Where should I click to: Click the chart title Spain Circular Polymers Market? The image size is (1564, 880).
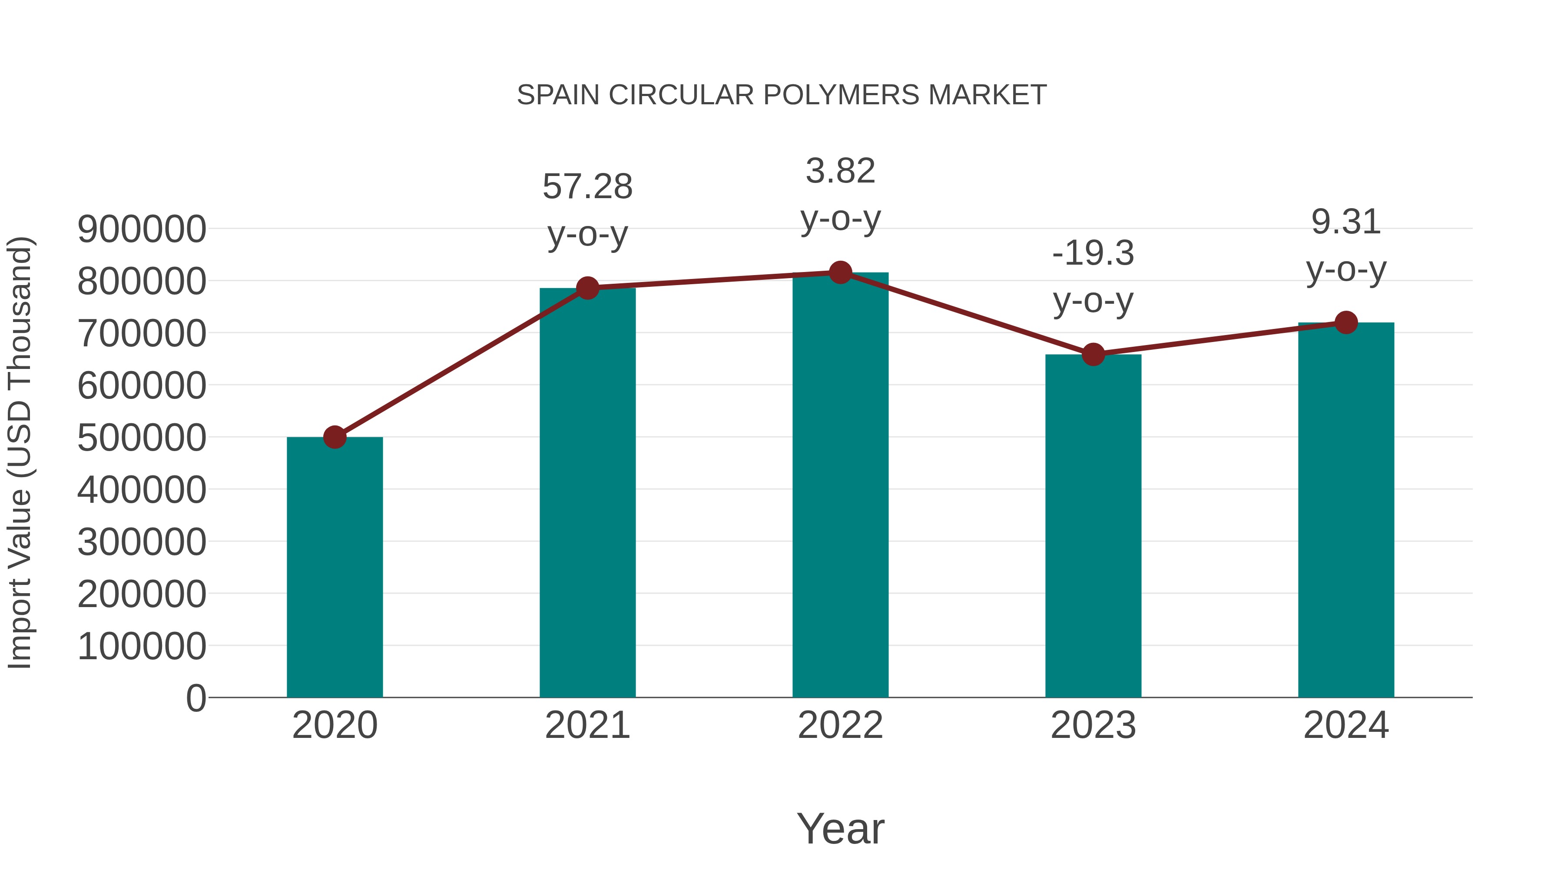tap(782, 95)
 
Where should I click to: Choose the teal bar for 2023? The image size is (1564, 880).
tap(1093, 525)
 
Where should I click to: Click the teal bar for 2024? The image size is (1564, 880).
tap(1346, 510)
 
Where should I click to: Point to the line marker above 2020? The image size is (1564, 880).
tap(335, 437)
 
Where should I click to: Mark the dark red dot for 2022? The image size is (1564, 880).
tap(840, 272)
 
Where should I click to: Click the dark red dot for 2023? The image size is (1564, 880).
tap(1093, 354)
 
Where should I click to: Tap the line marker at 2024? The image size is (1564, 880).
tap(1346, 322)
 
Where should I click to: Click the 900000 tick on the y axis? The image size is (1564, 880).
tap(142, 229)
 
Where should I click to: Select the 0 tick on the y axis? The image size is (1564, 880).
tap(195, 698)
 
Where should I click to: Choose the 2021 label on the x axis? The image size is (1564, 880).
tap(587, 725)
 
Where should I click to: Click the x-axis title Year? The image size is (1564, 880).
tap(840, 828)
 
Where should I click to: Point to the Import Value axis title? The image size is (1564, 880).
tap(20, 452)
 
